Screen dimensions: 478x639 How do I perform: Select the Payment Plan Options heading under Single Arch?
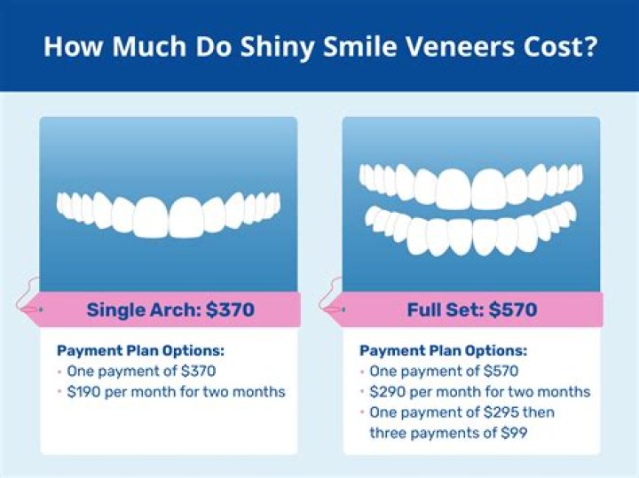click(x=139, y=350)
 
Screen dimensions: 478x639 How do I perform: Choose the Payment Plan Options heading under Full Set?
click(x=443, y=350)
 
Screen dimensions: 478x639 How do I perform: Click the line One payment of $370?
click(x=140, y=371)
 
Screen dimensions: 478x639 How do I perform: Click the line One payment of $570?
click(x=444, y=371)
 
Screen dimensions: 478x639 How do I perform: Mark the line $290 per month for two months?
click(x=480, y=391)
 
